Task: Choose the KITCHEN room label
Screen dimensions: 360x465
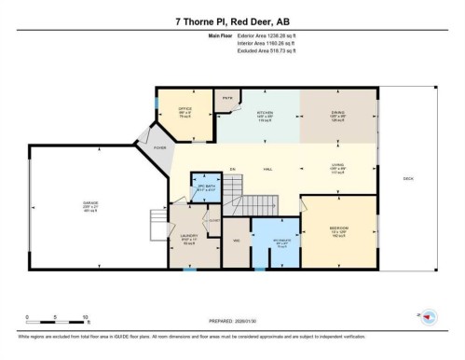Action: (265, 113)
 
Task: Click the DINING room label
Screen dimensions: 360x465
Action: (338, 113)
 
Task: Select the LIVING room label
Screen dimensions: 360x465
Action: (338, 165)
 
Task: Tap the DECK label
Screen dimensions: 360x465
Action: (407, 177)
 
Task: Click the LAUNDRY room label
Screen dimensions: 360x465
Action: (190, 236)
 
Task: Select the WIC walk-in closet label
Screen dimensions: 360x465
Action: (237, 239)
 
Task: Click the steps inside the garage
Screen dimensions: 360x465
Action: (157, 225)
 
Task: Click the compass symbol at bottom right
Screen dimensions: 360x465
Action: (431, 315)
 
